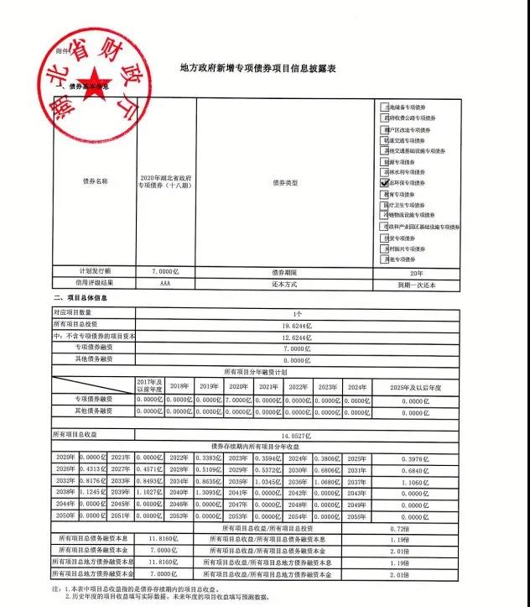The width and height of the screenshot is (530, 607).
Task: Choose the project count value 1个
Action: click(x=297, y=312)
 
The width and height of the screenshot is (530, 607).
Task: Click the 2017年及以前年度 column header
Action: click(x=149, y=385)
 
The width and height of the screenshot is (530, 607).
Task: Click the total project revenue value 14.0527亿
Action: click(x=297, y=434)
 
